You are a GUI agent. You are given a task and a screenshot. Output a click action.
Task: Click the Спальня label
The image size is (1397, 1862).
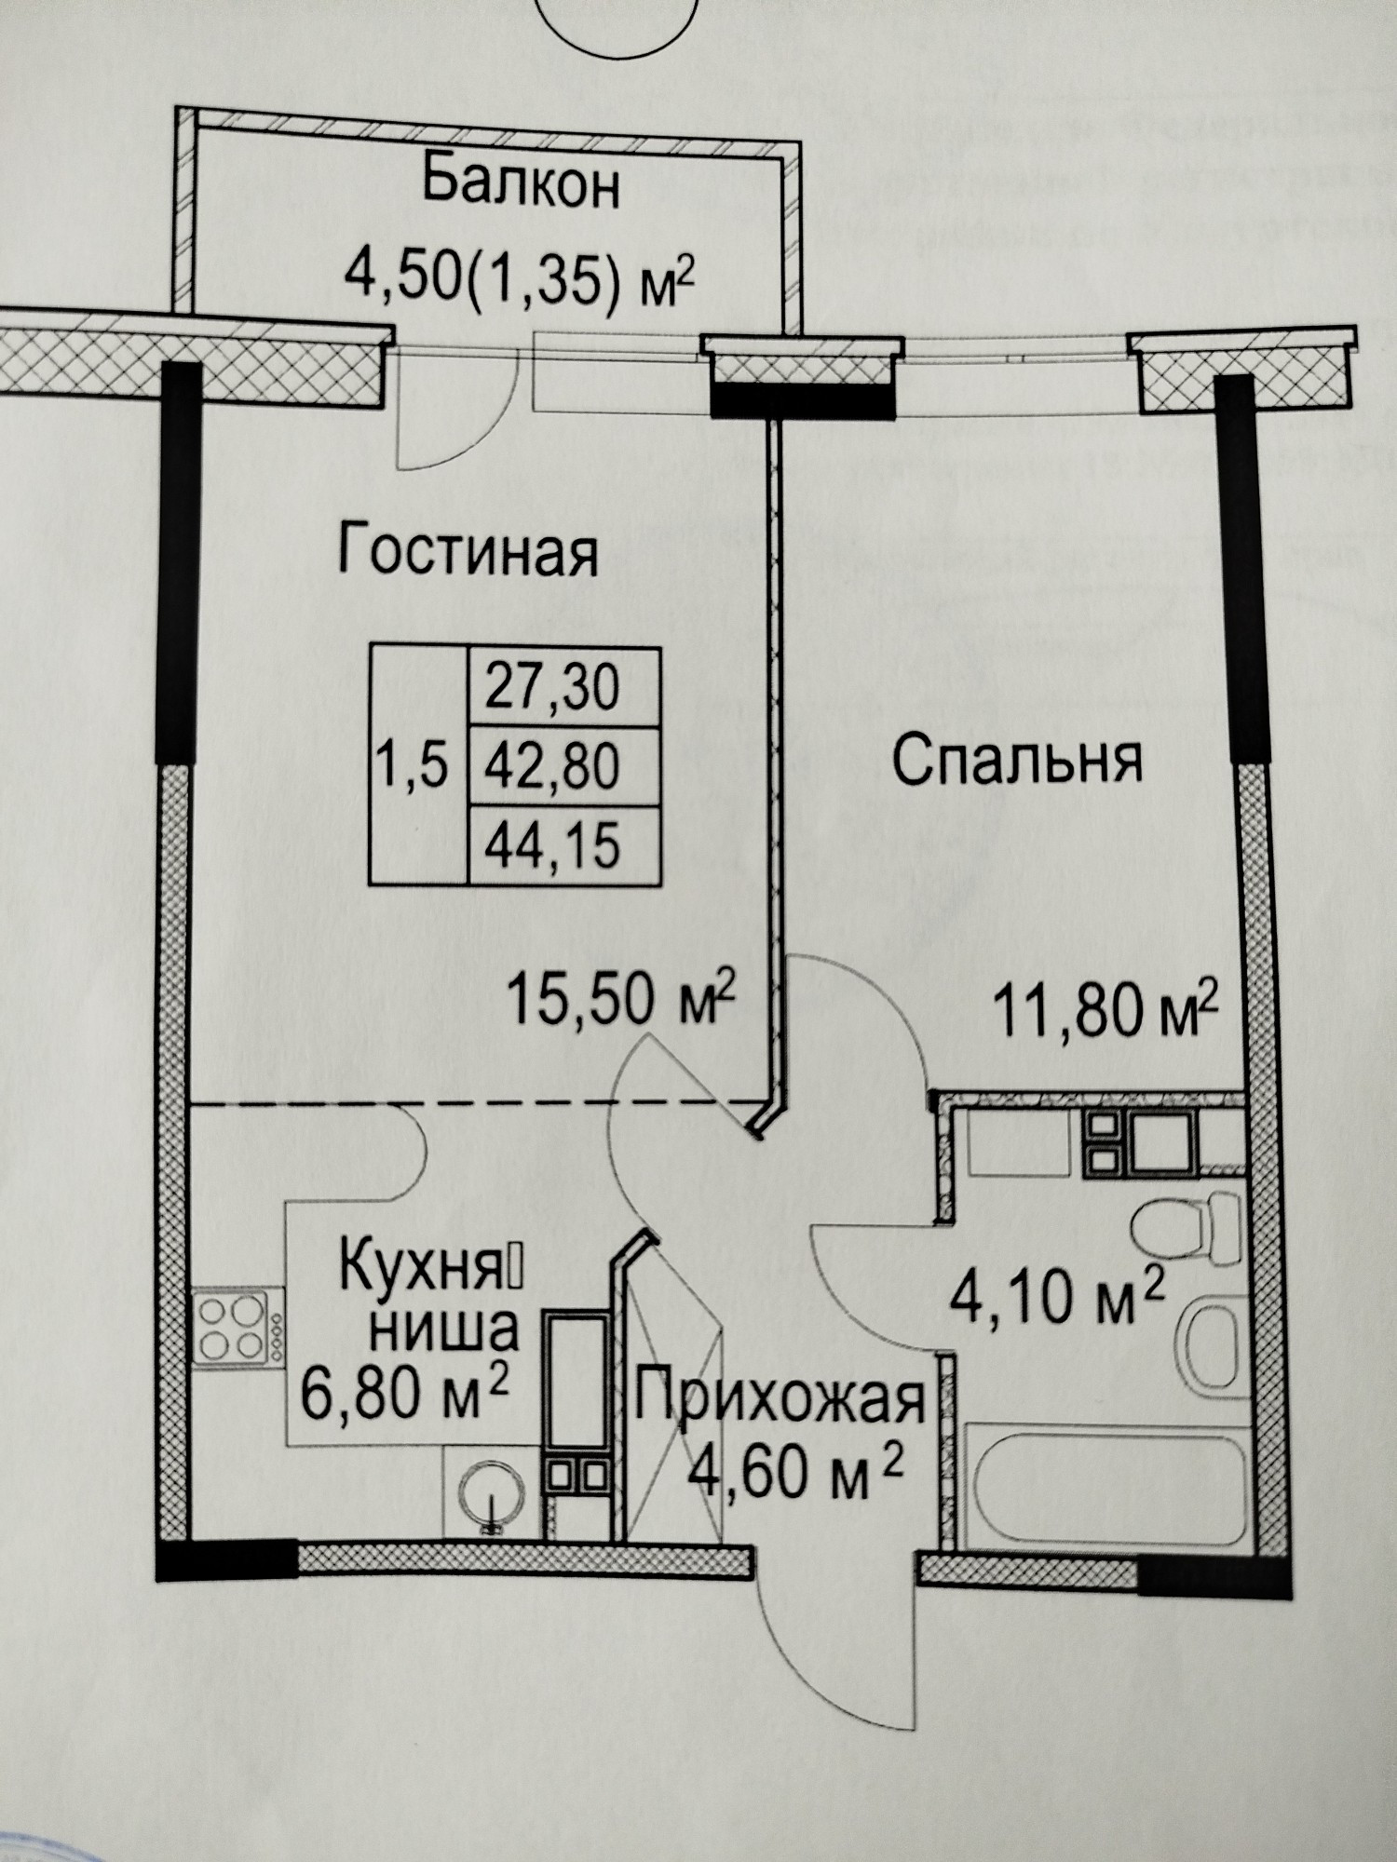pyautogui.click(x=1018, y=761)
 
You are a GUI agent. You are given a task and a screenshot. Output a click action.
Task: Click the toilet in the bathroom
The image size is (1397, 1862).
pyautogui.click(x=1188, y=1227)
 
